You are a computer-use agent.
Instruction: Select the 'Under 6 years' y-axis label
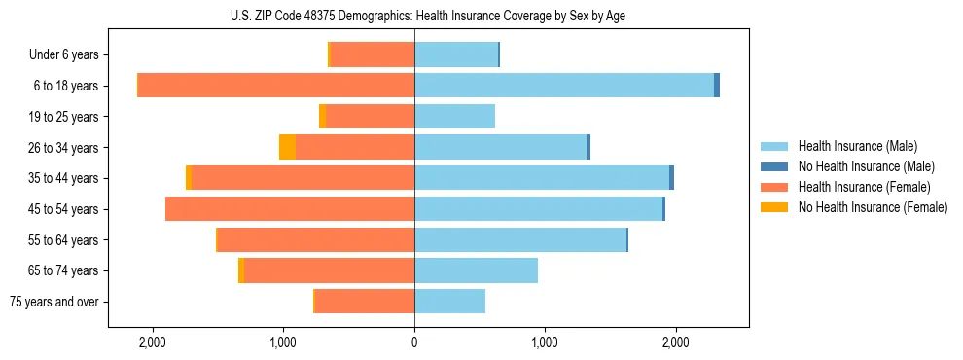pyautogui.click(x=70, y=55)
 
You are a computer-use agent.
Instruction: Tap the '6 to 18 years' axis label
pyautogui.click(x=66, y=86)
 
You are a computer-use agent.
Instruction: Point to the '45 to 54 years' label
pyautogui.click(x=63, y=209)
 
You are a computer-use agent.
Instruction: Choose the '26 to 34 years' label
pyautogui.click(x=63, y=148)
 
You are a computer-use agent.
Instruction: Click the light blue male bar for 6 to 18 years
pyautogui.click(x=564, y=86)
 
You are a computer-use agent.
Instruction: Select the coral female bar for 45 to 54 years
pyautogui.click(x=290, y=209)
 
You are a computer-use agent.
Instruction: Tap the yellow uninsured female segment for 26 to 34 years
pyautogui.click(x=287, y=147)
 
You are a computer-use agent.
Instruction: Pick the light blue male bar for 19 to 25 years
pyautogui.click(x=454, y=117)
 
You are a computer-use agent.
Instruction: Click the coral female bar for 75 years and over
pyautogui.click(x=365, y=302)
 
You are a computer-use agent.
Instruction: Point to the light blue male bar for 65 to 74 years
pyautogui.click(x=476, y=270)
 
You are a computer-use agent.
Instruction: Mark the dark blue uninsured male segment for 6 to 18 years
pyautogui.click(x=717, y=86)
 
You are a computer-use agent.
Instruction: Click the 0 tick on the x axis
pyautogui.click(x=414, y=342)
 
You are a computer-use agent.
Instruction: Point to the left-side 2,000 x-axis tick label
pyautogui.click(x=153, y=342)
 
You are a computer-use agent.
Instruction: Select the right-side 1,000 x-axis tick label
pyautogui.click(x=545, y=342)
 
